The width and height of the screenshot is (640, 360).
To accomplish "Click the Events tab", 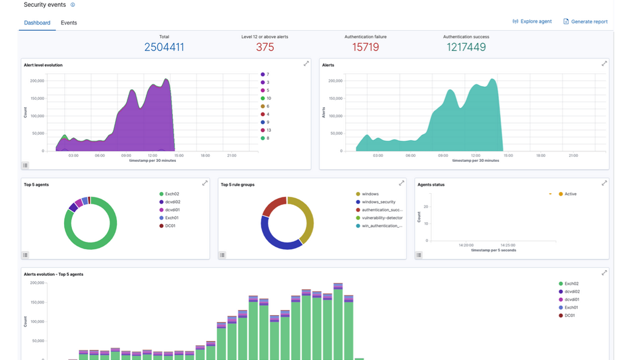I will [x=69, y=23].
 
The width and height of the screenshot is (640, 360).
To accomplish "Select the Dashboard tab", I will [x=37, y=23].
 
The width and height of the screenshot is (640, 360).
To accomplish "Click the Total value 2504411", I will [x=164, y=47].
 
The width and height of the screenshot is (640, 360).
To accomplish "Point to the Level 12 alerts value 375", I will [x=265, y=47].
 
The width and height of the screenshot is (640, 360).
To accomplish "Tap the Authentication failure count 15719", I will [x=366, y=47].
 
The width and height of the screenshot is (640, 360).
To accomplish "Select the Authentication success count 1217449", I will [x=466, y=47].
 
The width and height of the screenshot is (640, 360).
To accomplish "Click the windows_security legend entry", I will [x=378, y=202].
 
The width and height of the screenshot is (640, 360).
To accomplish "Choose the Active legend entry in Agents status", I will [x=570, y=194].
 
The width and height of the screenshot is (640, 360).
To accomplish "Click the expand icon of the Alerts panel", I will [x=604, y=63].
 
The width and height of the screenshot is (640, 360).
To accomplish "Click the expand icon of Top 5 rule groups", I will [x=401, y=183].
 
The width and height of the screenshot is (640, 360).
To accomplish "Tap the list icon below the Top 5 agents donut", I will [x=25, y=255].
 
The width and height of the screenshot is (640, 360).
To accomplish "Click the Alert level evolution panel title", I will [x=43, y=65].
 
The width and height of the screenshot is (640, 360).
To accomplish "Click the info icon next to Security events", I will [x=73, y=5].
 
